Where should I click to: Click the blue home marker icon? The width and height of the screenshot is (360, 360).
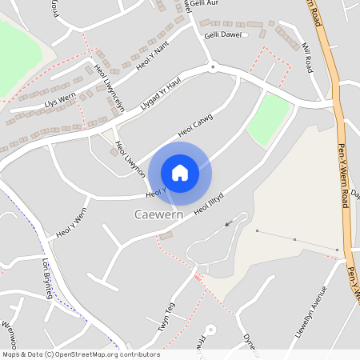pyautogui.click(x=180, y=173)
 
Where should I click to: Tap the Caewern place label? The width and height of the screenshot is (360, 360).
pyautogui.click(x=158, y=215)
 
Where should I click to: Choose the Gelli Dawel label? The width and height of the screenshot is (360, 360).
pyautogui.click(x=222, y=35)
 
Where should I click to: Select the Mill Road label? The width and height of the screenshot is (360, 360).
pyautogui.click(x=307, y=58)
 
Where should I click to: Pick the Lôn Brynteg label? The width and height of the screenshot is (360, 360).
pyautogui.click(x=47, y=278)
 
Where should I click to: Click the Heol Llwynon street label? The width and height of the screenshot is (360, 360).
pyautogui.click(x=129, y=158)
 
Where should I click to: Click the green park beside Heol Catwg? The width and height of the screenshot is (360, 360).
pyautogui.click(x=267, y=119)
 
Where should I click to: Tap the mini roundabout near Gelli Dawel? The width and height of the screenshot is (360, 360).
pyautogui.click(x=212, y=67)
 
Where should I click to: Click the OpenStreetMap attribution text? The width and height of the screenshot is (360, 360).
pyautogui.click(x=80, y=354)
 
